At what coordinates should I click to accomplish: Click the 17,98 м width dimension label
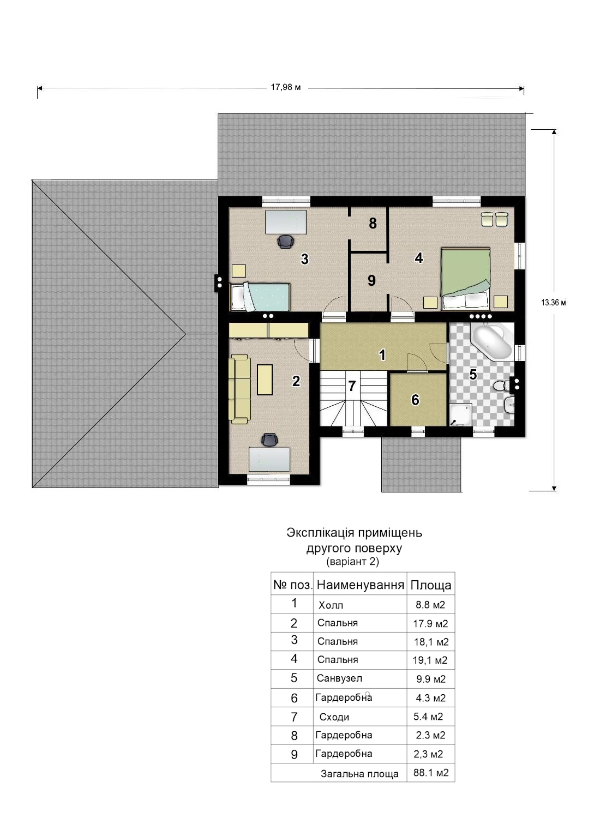click(285, 87)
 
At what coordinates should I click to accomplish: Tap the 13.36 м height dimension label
click(553, 302)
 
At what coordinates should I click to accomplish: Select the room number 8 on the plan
click(373, 223)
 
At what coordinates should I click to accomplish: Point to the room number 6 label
click(415, 400)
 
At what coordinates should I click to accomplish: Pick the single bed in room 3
click(260, 297)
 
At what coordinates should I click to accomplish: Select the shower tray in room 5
click(460, 414)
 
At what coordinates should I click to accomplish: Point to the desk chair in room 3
click(286, 242)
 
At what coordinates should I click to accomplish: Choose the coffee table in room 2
click(265, 380)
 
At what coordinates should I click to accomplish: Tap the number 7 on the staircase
click(352, 386)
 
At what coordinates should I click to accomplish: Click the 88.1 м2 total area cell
click(431, 772)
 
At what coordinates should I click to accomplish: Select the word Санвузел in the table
click(339, 678)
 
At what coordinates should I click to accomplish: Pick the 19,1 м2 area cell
click(430, 660)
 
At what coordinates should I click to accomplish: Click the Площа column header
click(431, 585)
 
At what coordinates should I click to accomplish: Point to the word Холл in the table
click(331, 605)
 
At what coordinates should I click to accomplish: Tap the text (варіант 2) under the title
click(353, 561)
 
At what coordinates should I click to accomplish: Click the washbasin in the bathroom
click(509, 405)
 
